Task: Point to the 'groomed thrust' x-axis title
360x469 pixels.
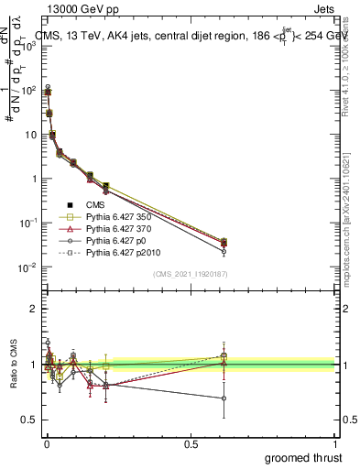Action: coord(303,456)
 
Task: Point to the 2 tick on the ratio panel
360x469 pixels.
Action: coord(34,309)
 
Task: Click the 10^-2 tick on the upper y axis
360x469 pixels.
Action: coord(29,267)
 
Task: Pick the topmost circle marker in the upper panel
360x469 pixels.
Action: coord(47,87)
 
